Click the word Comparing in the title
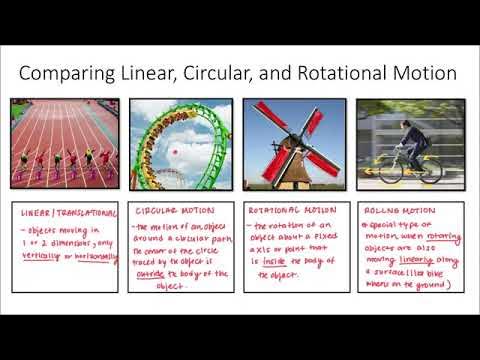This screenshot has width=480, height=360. pyautogui.click(x=68, y=73)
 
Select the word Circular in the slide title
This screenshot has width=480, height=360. pyautogui.click(x=222, y=73)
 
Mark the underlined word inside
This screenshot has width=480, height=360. pyautogui.click(x=274, y=261)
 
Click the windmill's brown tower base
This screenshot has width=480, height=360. pyautogui.click(x=297, y=170)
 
